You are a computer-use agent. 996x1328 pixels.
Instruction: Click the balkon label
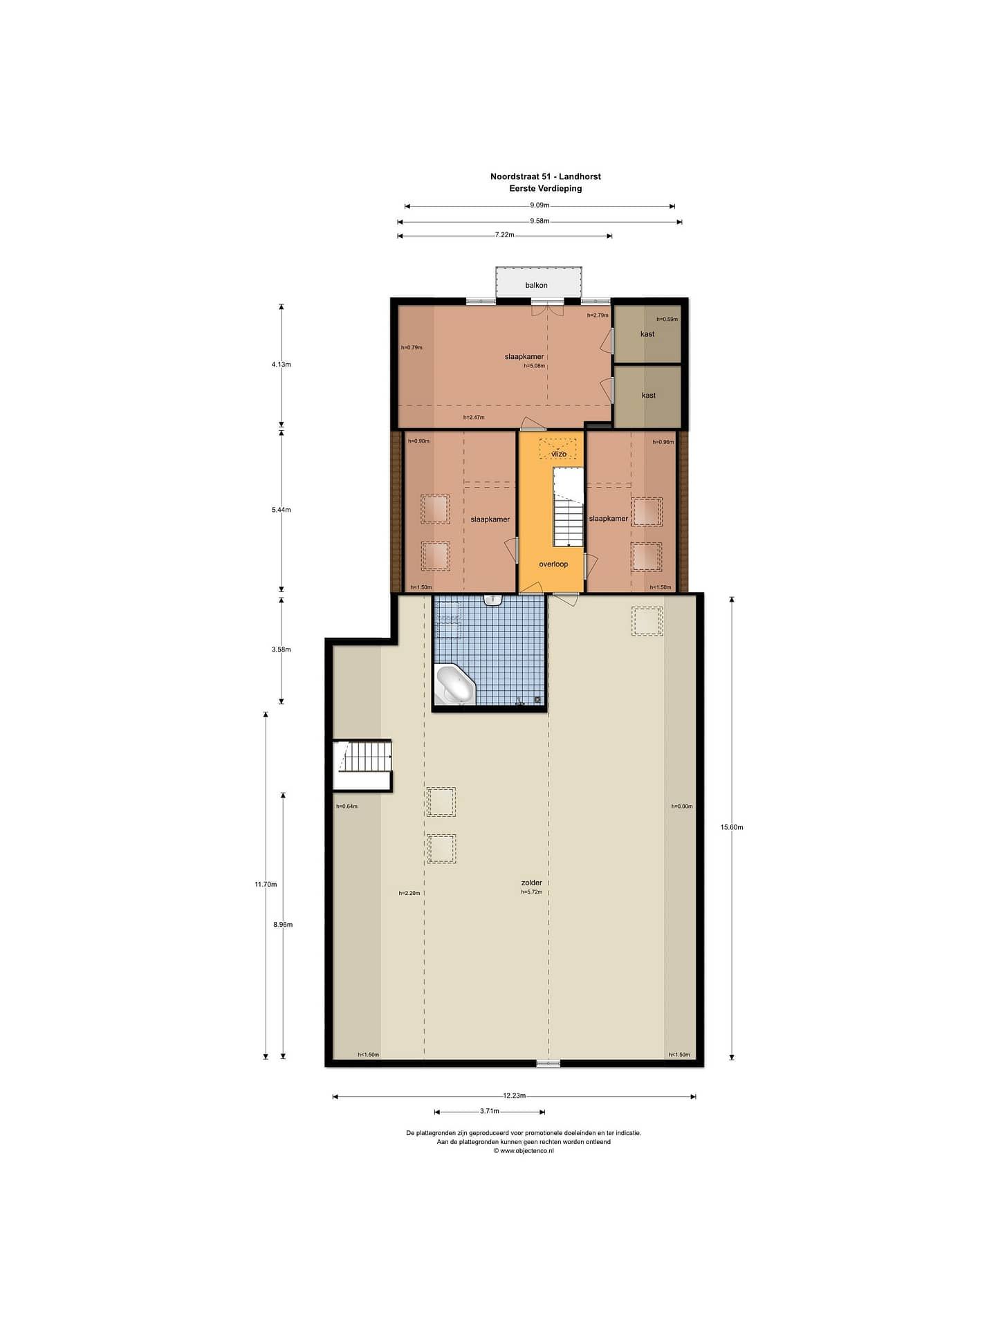[536, 285]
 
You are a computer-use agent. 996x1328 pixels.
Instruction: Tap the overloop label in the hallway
[553, 564]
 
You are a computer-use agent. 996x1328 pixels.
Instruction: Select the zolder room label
[531, 883]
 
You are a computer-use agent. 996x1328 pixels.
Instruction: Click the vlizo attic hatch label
[559, 454]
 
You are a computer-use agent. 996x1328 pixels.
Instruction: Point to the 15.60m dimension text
[732, 827]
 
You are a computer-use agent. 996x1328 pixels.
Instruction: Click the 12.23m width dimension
[515, 1096]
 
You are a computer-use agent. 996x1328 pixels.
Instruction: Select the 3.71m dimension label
[490, 1112]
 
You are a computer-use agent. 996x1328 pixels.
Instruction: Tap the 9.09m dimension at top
[539, 205]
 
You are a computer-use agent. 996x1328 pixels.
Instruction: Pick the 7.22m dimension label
[505, 234]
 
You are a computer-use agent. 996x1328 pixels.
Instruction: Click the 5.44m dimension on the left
[281, 510]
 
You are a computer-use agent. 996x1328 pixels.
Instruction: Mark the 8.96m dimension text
[283, 924]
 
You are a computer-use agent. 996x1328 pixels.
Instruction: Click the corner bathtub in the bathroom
[455, 685]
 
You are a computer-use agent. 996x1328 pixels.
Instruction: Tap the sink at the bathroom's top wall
[492, 600]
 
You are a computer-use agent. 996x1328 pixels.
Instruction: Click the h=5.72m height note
[531, 892]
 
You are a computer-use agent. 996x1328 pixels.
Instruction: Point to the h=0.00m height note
[682, 806]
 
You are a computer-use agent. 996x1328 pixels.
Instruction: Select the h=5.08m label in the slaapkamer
[534, 366]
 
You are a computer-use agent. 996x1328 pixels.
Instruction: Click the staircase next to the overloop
[569, 507]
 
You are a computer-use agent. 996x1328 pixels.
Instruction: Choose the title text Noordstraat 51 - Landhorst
[546, 176]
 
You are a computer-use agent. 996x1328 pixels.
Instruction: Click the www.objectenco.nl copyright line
[524, 1151]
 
